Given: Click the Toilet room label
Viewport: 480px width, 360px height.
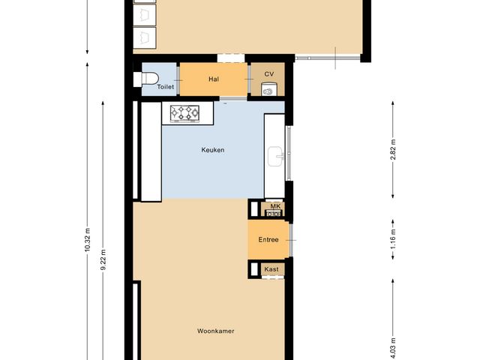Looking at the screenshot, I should click(x=165, y=88).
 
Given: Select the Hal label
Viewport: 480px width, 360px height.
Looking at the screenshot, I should click(x=214, y=79).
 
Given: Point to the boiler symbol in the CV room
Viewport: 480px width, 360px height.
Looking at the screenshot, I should click(x=268, y=91).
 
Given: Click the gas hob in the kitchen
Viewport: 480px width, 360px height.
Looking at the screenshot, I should click(x=186, y=113).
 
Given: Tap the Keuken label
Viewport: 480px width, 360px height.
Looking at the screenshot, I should click(x=213, y=150).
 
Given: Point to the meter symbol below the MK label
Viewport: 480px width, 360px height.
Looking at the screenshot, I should click(x=274, y=214).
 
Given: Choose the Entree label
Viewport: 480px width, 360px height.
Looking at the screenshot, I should click(x=268, y=240).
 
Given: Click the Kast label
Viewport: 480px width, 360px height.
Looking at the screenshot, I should click(x=271, y=268).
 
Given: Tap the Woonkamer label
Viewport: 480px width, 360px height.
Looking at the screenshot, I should click(x=213, y=331).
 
